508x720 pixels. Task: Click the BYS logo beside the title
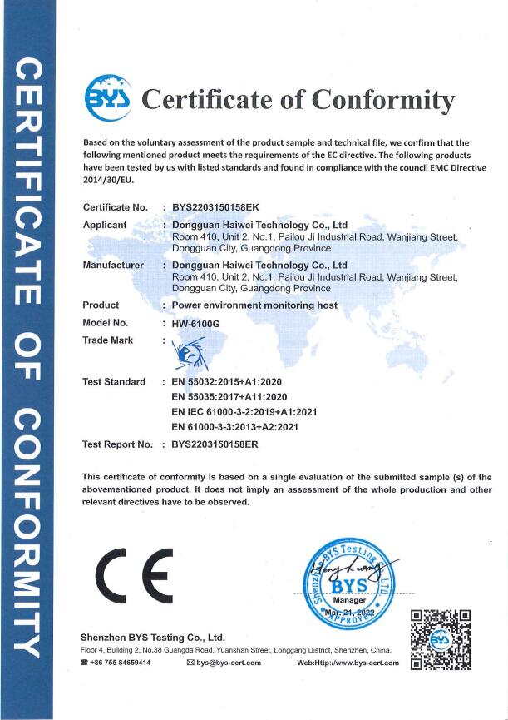(x=109, y=99)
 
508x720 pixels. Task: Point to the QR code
(x=441, y=639)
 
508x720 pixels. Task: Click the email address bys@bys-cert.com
(x=229, y=663)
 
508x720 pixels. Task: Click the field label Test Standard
(x=114, y=381)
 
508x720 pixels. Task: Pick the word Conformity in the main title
(x=383, y=100)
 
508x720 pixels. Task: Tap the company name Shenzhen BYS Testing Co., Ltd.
(x=153, y=637)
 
